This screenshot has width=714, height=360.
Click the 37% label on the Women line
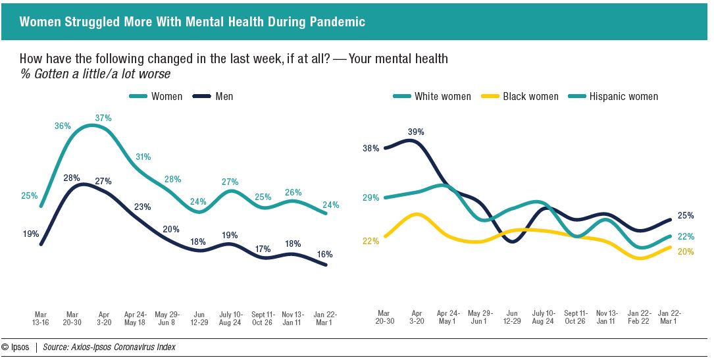(x=103, y=118)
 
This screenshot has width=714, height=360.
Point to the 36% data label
(x=63, y=126)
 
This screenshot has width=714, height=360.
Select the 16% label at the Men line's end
(x=324, y=254)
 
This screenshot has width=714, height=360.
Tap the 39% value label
(x=416, y=132)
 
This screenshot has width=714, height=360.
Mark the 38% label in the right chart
(x=370, y=148)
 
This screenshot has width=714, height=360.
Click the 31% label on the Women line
(x=143, y=157)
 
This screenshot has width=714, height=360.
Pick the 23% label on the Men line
(x=143, y=207)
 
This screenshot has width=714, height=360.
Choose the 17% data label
(x=262, y=249)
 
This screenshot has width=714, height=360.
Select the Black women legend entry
(x=530, y=96)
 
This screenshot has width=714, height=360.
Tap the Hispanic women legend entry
(x=623, y=96)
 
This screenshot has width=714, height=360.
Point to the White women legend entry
(x=442, y=96)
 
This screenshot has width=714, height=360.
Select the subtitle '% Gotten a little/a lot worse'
(x=95, y=74)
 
